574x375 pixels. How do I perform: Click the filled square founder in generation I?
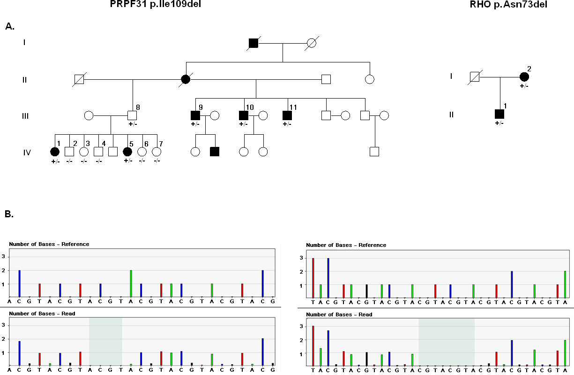point(253,43)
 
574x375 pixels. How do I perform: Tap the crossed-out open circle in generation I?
point(311,43)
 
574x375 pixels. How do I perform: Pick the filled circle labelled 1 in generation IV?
point(55,152)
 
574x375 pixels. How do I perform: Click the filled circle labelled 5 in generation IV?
point(127,152)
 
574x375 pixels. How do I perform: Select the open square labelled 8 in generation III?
point(132,115)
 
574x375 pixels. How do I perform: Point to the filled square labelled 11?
point(287,115)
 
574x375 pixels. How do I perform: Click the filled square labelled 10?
point(244,115)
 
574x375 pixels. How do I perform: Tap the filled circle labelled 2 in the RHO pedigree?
point(524,77)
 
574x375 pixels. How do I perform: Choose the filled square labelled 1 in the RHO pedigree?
point(499,114)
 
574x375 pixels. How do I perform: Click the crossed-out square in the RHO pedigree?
point(475,77)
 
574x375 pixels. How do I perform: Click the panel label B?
point(9,214)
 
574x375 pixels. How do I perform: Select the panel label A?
point(10,27)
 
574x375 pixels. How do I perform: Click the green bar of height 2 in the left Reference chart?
point(131,283)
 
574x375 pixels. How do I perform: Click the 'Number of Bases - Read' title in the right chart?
point(339,314)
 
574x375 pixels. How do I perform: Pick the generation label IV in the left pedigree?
point(27,152)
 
